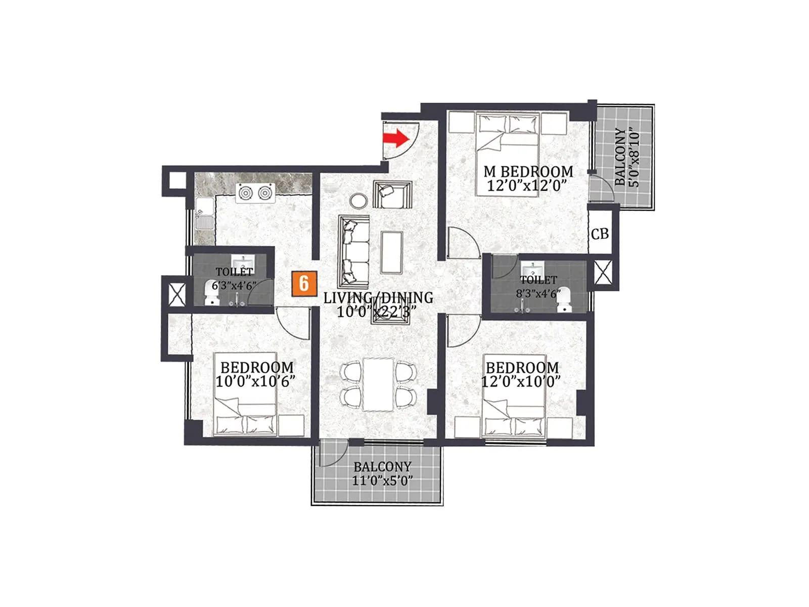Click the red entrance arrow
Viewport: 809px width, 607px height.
[395, 138]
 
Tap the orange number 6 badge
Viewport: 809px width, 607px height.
[304, 283]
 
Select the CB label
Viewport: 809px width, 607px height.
[600, 234]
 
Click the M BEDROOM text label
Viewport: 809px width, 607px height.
[528, 171]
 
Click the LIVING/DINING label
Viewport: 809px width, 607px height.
[378, 297]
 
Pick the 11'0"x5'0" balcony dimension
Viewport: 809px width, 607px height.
[382, 480]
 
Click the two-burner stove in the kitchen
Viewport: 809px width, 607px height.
[255, 193]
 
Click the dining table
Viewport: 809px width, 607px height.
[378, 384]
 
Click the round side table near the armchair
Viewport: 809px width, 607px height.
[359, 200]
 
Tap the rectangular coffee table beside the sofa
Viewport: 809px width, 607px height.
[391, 252]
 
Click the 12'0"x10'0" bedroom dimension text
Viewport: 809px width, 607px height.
[521, 381]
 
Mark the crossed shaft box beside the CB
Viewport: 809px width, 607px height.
[603, 272]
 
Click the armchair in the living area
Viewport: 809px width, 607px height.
[392, 195]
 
